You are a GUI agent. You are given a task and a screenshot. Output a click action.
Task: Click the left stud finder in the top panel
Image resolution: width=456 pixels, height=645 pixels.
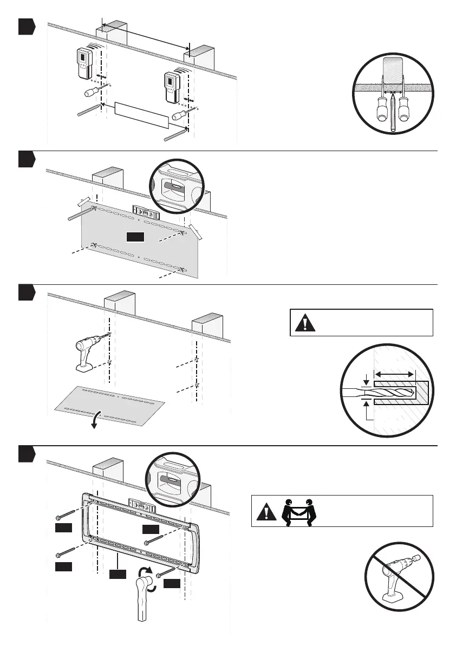pos(84,62)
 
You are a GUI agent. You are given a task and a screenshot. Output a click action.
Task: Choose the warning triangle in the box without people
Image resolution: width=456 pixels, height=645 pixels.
pos(305,323)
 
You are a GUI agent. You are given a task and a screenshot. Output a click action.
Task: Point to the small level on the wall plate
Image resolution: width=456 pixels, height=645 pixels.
pos(142,505)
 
